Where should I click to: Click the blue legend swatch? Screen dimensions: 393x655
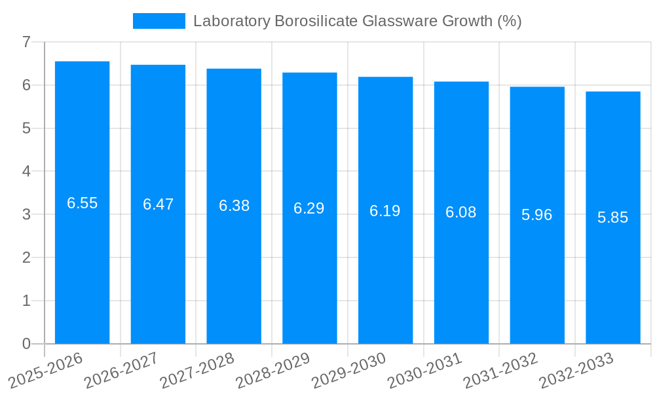click(159, 21)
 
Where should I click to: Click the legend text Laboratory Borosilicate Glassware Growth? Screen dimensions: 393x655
click(357, 21)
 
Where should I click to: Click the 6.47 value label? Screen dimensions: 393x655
click(158, 204)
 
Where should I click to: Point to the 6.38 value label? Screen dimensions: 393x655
click(234, 206)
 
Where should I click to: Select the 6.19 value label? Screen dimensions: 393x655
click(385, 211)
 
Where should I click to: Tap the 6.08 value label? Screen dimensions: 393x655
click(461, 212)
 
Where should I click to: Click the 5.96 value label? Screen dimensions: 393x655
click(537, 215)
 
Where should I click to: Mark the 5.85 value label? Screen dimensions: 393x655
click(613, 217)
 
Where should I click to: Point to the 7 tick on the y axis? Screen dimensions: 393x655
click(26, 42)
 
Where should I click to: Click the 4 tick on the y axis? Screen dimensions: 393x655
click(26, 172)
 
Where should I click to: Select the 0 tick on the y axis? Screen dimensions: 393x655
click(26, 344)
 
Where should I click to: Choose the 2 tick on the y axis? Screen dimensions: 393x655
click(26, 257)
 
